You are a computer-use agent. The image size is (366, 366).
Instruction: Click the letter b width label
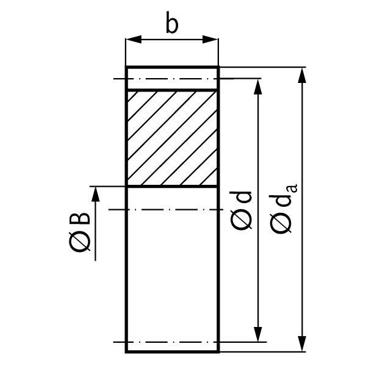coord(172,23)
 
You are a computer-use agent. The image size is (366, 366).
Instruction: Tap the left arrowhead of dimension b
coord(133,39)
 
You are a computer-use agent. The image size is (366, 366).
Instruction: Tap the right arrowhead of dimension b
coord(210,39)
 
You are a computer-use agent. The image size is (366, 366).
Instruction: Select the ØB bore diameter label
coord(79,232)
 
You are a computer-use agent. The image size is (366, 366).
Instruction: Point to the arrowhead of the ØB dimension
coord(95,194)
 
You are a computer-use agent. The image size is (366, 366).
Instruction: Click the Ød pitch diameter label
coord(241,210)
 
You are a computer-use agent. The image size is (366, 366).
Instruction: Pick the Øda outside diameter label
coord(283,209)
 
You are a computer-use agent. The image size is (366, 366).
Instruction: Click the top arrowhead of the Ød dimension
coord(257,87)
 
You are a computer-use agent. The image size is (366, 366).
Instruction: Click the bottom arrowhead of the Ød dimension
coord(257,334)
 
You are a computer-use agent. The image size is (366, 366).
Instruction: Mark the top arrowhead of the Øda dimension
coord(302,75)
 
